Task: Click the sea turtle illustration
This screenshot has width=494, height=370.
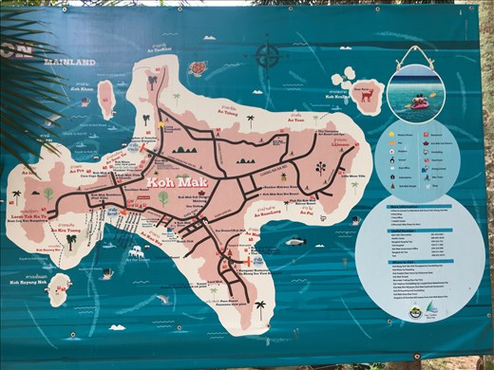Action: pyautogui.click(x=198, y=68)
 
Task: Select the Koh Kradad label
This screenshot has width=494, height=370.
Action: pyautogui.click(x=346, y=110)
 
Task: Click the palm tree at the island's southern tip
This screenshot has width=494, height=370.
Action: pyautogui.click(x=259, y=306)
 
